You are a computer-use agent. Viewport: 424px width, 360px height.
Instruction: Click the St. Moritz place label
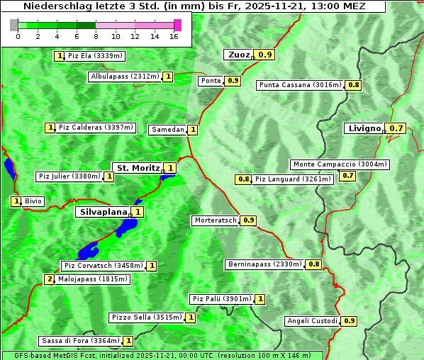pyautogui.click(x=138, y=168)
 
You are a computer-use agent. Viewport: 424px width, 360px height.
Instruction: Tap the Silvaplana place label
pyautogui.click(x=103, y=211)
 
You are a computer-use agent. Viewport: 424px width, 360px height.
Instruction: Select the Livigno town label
pyautogui.click(x=364, y=128)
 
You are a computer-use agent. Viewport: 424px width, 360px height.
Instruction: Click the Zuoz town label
pyautogui.click(x=238, y=55)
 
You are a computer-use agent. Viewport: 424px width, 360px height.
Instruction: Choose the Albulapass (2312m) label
pyautogui.click(x=125, y=77)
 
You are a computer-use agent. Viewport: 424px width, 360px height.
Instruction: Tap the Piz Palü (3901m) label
pyautogui.click(x=221, y=299)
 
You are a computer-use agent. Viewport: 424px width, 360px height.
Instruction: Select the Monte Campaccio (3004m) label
pyautogui.click(x=340, y=164)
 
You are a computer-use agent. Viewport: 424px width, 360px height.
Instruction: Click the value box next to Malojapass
pyautogui.click(x=49, y=279)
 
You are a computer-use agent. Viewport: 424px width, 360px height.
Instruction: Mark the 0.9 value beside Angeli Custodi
pyautogui.click(x=349, y=321)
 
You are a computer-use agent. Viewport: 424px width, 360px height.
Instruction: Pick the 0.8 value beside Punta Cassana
pyautogui.click(x=354, y=85)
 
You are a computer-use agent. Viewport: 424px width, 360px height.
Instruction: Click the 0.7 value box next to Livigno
pyautogui.click(x=396, y=128)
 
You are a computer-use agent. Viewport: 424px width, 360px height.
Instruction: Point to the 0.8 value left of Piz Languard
pyautogui.click(x=243, y=179)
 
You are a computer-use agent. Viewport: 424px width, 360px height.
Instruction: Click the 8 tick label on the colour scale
pyautogui.click(x=96, y=36)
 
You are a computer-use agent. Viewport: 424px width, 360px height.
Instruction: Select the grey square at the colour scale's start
pyautogui.click(x=14, y=25)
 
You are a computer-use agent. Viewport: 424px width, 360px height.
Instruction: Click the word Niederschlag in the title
pyautogui.click(x=52, y=6)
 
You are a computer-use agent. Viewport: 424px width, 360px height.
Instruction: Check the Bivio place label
pyautogui.click(x=33, y=201)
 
